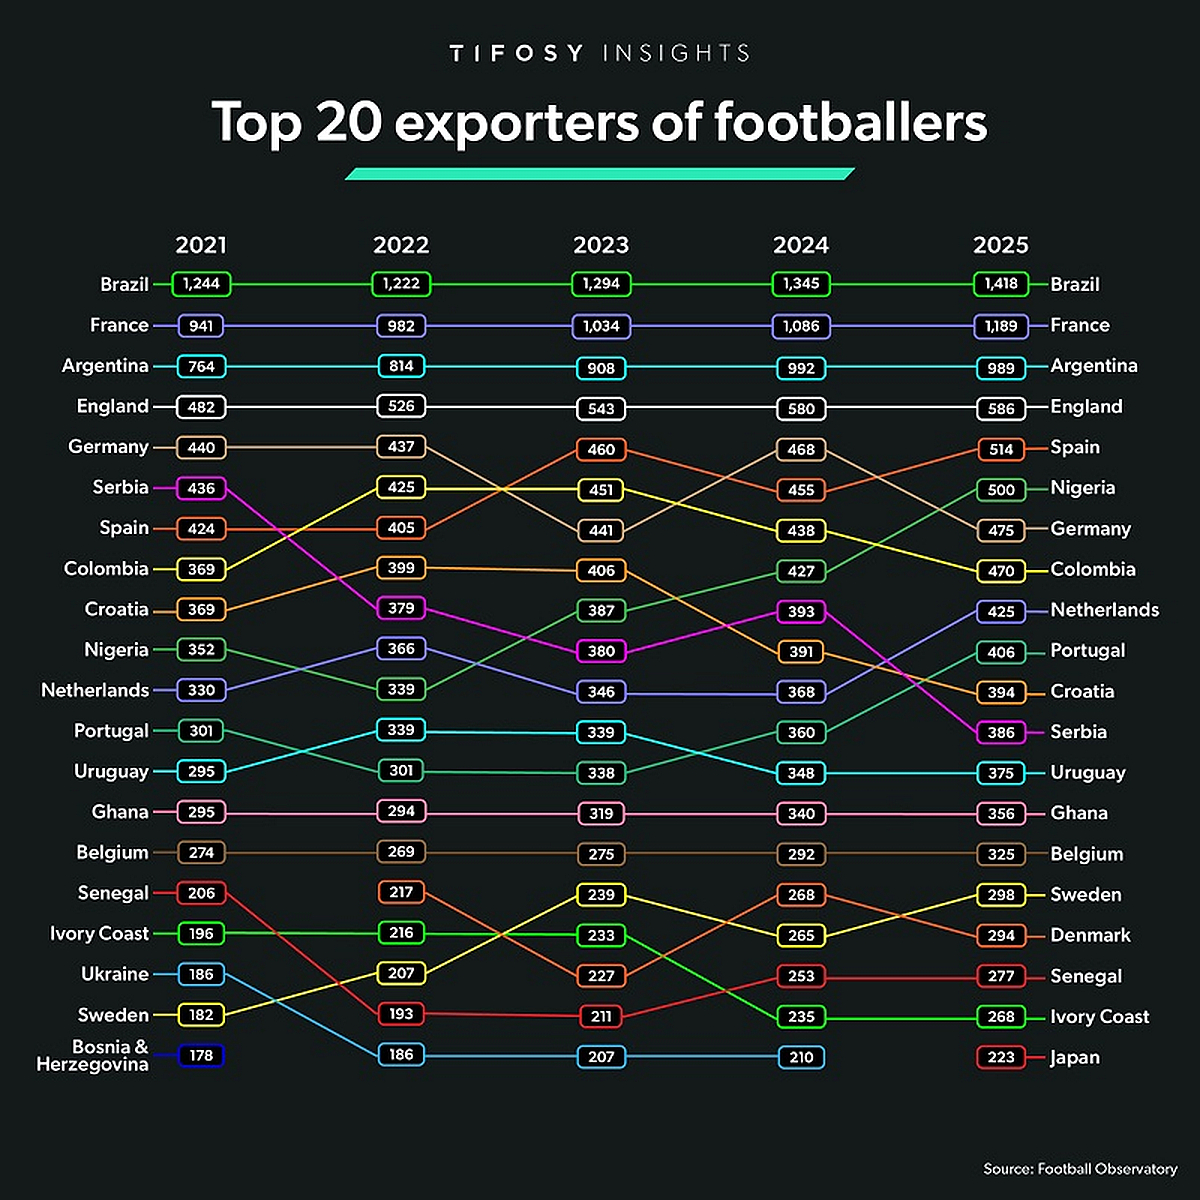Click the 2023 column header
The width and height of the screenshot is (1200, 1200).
(601, 245)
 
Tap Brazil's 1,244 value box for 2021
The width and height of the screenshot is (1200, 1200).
(201, 284)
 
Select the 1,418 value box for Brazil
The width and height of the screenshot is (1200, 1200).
(1001, 284)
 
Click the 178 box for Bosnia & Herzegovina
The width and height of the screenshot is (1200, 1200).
(201, 1055)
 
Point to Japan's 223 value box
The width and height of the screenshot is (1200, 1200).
(1001, 1057)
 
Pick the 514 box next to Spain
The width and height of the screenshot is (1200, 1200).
(1001, 449)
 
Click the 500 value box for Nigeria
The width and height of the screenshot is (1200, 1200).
(1001, 490)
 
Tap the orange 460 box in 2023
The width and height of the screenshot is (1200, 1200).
(601, 449)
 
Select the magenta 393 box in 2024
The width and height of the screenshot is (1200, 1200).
(801, 611)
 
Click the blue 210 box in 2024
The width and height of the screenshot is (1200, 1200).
(801, 1057)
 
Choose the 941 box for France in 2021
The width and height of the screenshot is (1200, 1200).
(201, 326)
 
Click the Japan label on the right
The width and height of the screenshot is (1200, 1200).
(1075, 1057)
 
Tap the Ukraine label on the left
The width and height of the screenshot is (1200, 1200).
(115, 974)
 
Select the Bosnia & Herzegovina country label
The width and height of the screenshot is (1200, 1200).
(93, 1055)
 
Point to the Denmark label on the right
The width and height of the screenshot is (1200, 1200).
(1090, 935)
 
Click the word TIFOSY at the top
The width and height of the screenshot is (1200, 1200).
(516, 53)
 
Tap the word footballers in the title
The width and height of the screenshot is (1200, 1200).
(850, 122)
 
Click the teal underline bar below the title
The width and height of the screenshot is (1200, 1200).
(600, 174)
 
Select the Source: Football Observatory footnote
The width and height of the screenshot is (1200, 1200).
(1080, 1168)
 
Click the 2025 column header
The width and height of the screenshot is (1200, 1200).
(1001, 245)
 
